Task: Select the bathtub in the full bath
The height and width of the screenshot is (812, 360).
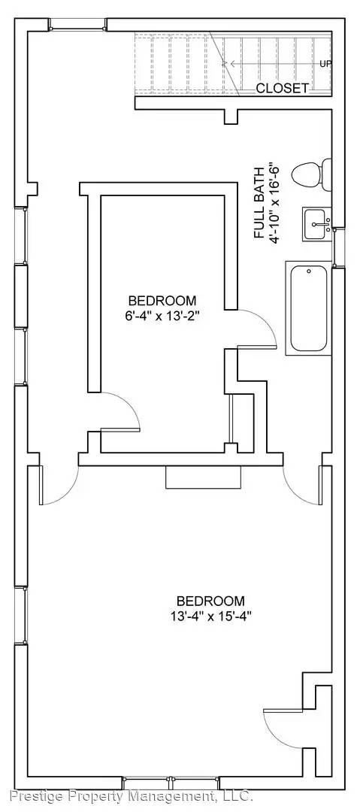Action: click(309, 308)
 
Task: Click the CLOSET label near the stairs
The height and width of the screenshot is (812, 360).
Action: click(282, 88)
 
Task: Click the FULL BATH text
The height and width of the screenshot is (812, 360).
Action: click(259, 202)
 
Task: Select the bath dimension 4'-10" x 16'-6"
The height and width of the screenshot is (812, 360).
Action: click(274, 202)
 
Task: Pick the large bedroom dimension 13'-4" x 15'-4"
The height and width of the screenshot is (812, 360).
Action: click(210, 617)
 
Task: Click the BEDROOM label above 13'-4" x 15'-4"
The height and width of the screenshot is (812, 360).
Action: click(210, 601)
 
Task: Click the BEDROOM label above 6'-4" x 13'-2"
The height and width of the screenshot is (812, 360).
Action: click(162, 300)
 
